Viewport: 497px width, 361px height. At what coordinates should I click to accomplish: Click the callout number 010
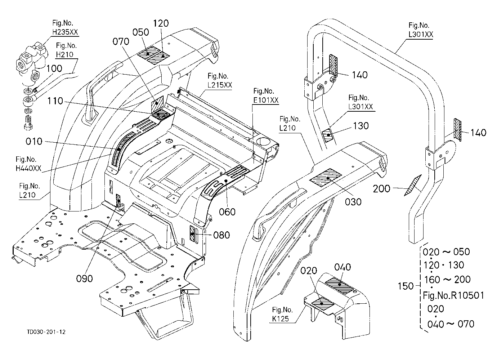coord(34,142)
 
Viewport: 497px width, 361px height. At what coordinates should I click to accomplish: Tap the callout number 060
coord(227,212)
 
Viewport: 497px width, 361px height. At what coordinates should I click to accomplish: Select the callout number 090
coord(84,278)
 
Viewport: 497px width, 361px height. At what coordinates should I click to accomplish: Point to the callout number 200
coord(381,189)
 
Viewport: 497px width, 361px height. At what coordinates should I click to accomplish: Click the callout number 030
coord(353,202)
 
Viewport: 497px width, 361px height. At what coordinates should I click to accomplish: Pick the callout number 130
coord(361,126)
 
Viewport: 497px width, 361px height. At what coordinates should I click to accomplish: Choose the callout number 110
coord(55,101)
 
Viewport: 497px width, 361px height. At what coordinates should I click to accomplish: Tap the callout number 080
coord(221,235)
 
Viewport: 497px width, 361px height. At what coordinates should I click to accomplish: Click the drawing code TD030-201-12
coord(46,332)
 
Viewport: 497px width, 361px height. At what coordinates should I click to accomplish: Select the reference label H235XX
coord(65,32)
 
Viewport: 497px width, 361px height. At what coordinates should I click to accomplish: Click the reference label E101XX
coord(266,100)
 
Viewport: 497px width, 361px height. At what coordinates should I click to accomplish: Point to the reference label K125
coord(281,319)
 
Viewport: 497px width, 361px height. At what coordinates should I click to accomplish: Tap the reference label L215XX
coord(220,85)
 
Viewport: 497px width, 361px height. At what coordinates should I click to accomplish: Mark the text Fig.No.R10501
coord(453,295)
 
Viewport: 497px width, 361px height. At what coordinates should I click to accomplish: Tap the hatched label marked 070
coord(157,103)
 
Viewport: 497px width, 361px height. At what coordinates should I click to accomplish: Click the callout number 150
coord(406,286)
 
